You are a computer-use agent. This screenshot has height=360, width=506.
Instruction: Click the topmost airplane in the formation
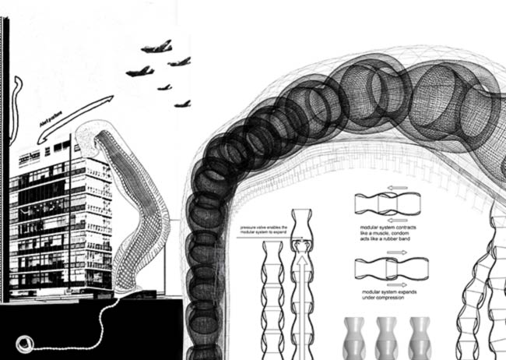156,48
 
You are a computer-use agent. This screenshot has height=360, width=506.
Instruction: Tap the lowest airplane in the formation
183,103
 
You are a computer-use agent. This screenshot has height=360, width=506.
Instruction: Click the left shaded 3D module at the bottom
357,336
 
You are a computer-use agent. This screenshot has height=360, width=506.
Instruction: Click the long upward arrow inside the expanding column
304,296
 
